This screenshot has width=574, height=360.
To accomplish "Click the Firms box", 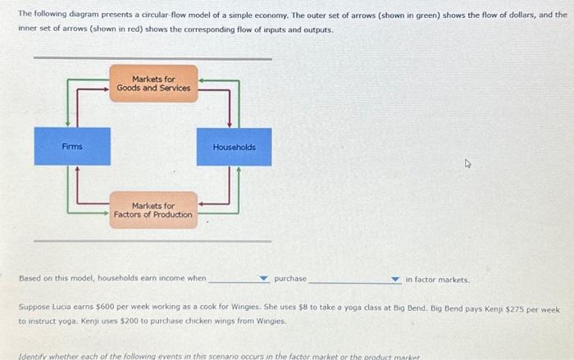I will point(72,147).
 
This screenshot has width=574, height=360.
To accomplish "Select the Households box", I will point(234,147).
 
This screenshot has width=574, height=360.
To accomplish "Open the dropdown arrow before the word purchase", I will point(264,280).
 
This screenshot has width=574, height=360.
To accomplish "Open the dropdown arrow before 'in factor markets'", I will point(395,280).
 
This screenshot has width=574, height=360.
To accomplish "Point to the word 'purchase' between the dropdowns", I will point(289,279).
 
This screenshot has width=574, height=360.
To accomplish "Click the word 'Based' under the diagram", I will point(30,279).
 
